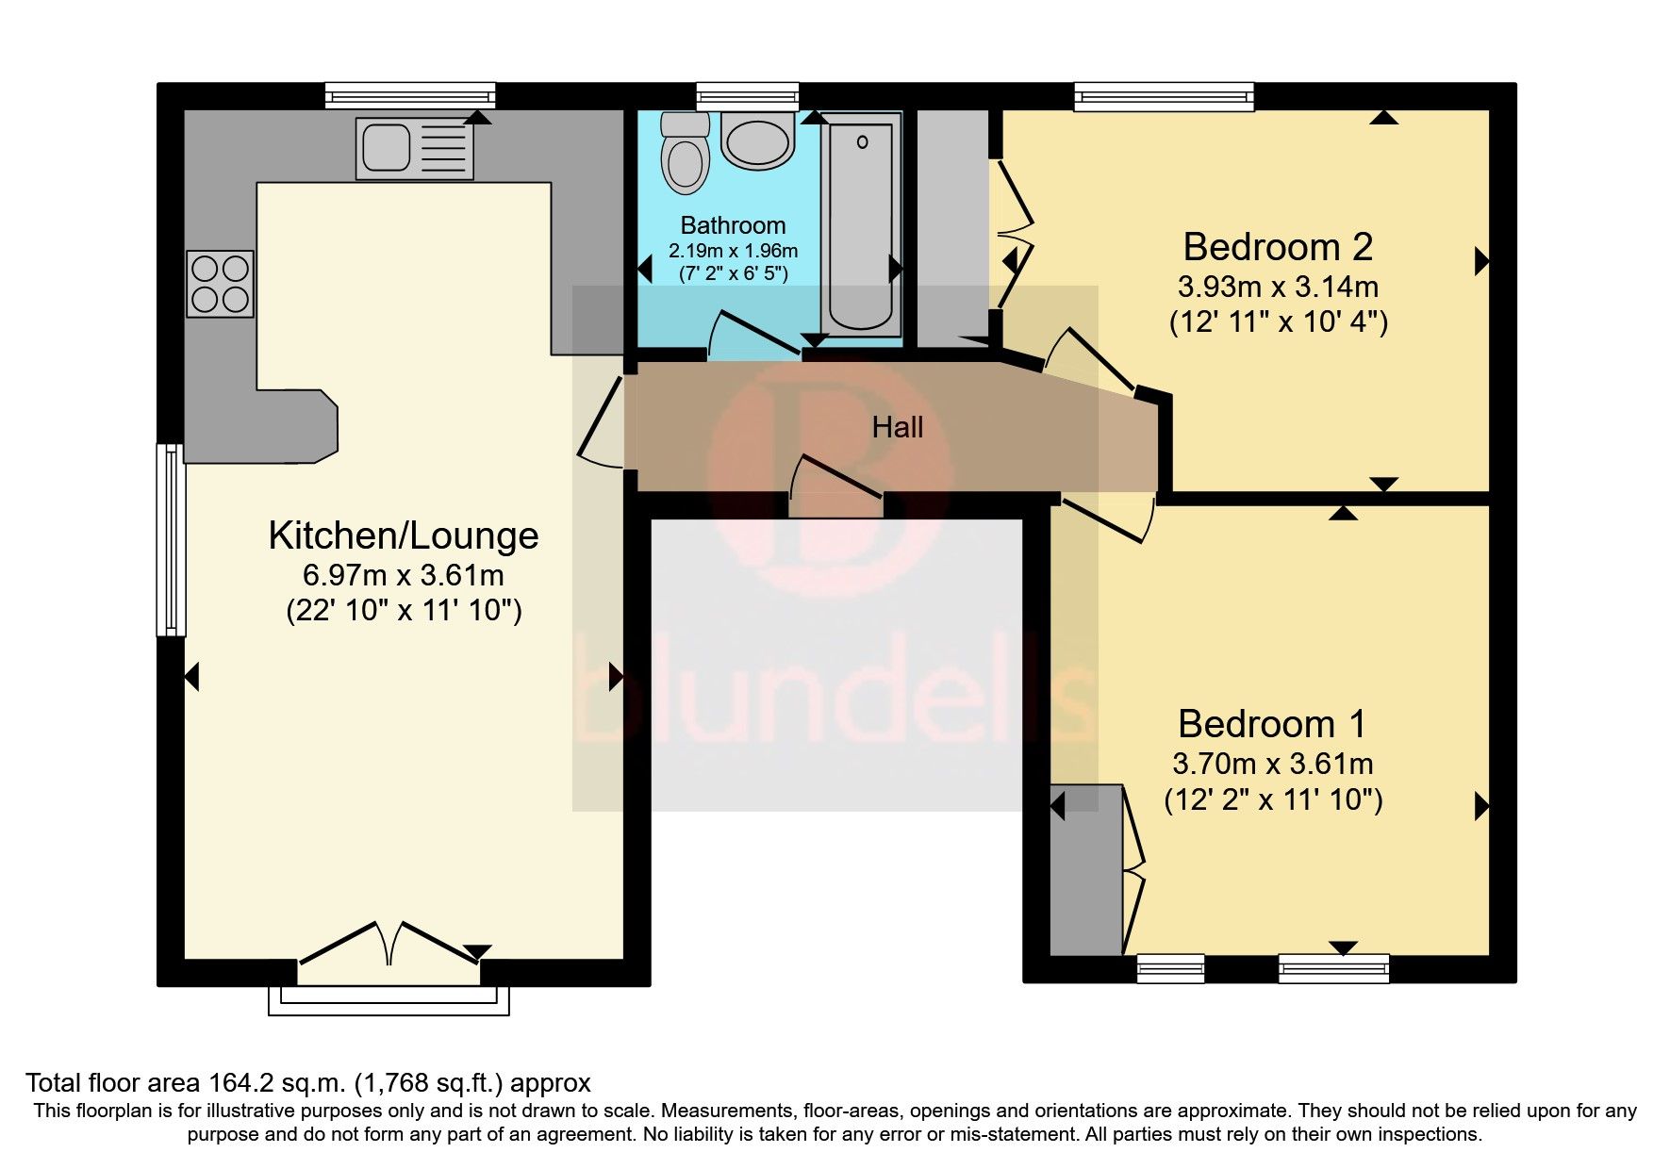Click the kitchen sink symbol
[414, 149]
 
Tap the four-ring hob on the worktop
[220, 284]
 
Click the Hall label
[897, 428]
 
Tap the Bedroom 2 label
[1277, 247]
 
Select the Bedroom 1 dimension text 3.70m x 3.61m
[1272, 764]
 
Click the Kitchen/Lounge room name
[403, 535]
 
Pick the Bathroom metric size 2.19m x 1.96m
[733, 251]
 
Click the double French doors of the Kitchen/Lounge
[389, 943]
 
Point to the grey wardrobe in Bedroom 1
[1084, 869]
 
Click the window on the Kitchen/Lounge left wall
[170, 539]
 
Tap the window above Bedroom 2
[1165, 96]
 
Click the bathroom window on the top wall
[747, 96]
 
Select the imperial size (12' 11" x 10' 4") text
[1278, 322]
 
